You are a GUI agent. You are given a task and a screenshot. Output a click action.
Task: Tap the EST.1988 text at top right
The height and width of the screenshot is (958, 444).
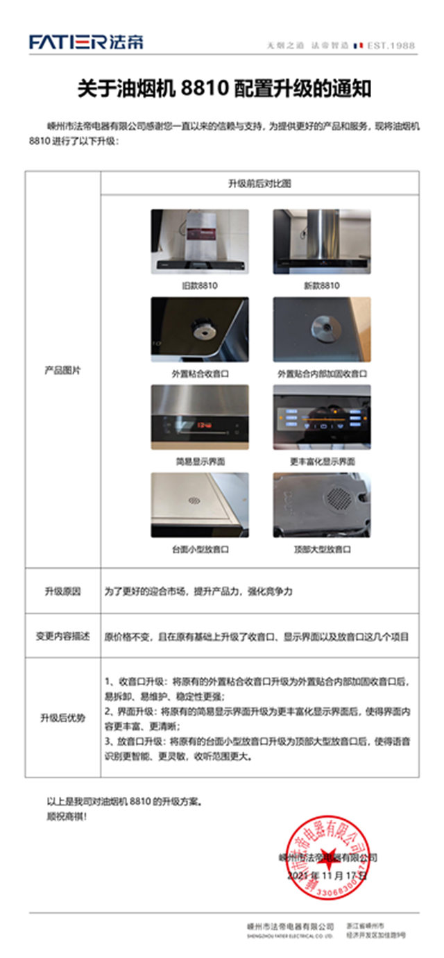[x=392, y=46]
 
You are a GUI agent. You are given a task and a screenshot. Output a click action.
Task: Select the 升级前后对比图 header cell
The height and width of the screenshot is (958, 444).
[x=259, y=184]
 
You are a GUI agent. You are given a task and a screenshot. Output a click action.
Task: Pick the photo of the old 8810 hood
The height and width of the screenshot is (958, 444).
[x=200, y=242]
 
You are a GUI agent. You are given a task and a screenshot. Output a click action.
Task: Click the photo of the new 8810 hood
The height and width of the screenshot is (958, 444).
[x=321, y=242]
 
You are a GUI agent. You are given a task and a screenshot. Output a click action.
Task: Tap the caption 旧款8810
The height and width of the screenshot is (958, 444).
[x=200, y=285]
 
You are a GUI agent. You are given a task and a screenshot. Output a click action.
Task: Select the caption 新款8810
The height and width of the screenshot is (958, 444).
[x=321, y=285]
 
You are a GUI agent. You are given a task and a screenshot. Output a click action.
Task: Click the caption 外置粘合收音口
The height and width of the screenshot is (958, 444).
[x=200, y=373]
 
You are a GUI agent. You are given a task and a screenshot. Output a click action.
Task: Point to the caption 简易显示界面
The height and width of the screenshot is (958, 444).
[x=200, y=461]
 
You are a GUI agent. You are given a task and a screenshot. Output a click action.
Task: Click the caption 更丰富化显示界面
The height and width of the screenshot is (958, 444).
[x=321, y=461]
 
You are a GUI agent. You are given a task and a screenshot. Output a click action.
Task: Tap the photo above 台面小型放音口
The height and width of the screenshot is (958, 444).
[x=200, y=505]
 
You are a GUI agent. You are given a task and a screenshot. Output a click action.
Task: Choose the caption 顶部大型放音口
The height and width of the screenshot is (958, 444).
[x=321, y=549]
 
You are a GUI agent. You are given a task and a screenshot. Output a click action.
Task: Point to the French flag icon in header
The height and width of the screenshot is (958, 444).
[x=358, y=46]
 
